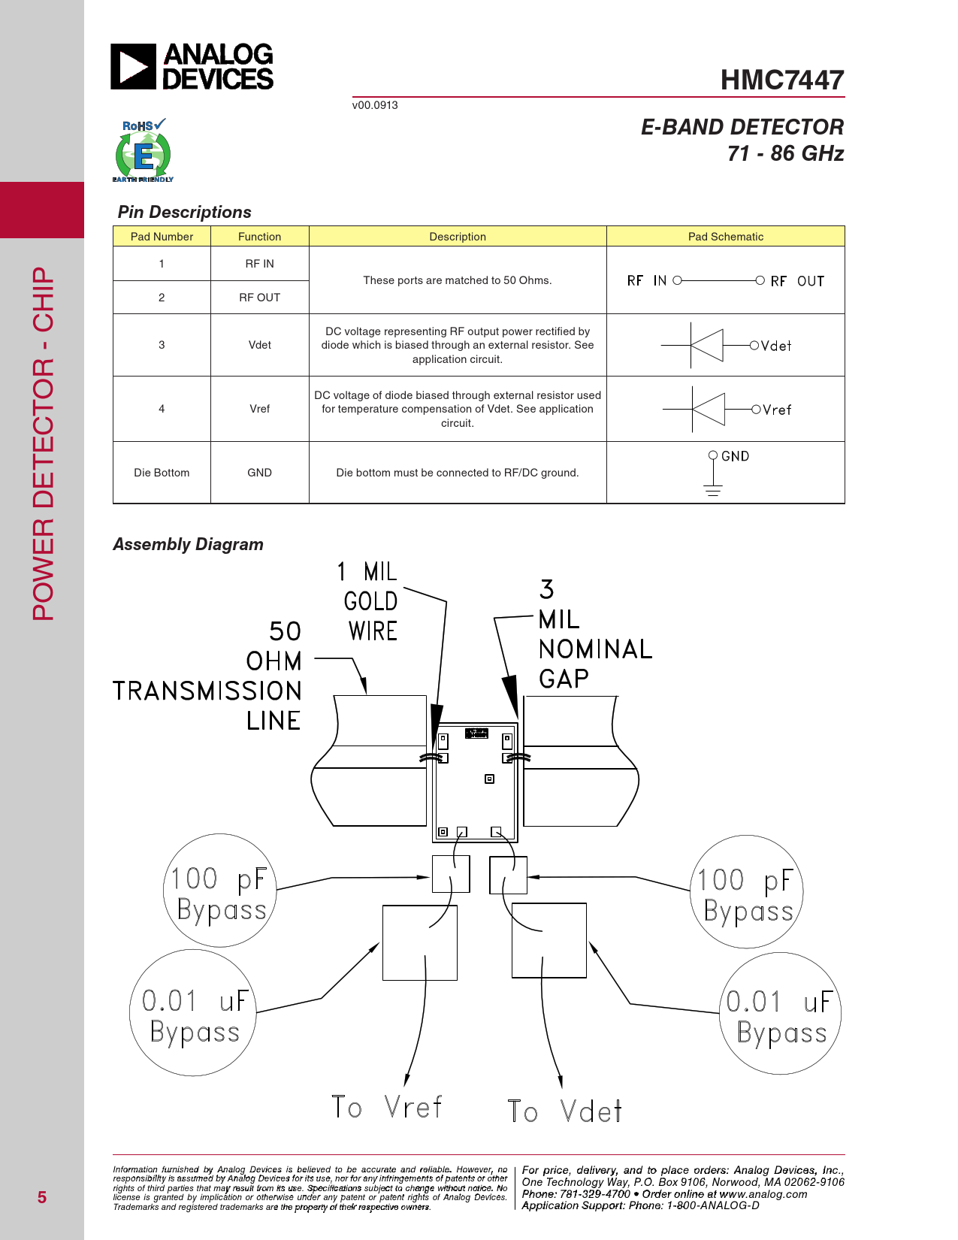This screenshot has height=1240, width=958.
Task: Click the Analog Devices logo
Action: pos(192,66)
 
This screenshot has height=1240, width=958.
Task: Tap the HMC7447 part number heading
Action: pos(781,80)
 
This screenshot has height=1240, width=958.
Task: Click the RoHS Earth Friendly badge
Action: pos(143,151)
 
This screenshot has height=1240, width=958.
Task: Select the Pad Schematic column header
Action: pos(725,237)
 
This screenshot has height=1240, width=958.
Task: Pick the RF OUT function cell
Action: pos(259,298)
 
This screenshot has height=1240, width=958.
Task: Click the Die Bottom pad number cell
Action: pos(162,473)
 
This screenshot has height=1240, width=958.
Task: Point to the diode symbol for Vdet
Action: pos(706,346)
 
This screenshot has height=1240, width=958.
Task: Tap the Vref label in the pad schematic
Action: pos(777,410)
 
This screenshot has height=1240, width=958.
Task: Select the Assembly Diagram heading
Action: pos(188,544)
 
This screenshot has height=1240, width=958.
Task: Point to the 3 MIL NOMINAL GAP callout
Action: pos(594,635)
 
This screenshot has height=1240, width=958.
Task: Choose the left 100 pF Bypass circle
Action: pos(220,891)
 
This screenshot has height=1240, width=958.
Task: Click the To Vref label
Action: pos(387,1108)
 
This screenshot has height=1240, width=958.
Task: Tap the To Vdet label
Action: pos(564,1111)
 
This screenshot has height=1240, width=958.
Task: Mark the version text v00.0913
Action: pos(375,105)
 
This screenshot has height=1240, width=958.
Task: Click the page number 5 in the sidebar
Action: pos(42,1197)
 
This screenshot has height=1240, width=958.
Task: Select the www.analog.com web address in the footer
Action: pos(763,1194)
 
